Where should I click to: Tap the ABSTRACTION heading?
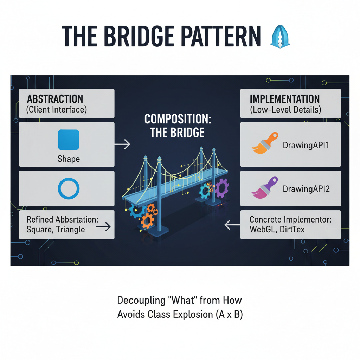(55, 99)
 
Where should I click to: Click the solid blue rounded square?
(68, 140)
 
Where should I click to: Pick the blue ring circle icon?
(68, 189)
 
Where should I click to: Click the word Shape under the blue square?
(68, 159)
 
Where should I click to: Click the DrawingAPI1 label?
(306, 144)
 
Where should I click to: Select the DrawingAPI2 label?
(306, 189)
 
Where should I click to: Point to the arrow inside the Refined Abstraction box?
(103, 227)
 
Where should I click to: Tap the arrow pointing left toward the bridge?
(232, 225)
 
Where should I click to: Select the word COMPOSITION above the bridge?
(177, 119)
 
